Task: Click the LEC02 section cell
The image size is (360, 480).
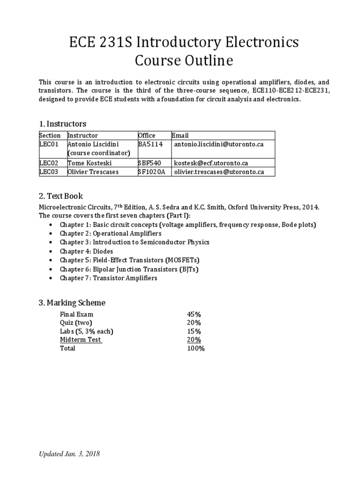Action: pos(49,163)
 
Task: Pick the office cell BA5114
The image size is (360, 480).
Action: pos(150,144)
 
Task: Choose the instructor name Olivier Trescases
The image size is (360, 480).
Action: pos(93,172)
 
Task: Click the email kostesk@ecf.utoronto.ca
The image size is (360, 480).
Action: pos(211,163)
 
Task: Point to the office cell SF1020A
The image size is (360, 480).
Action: pos(152,172)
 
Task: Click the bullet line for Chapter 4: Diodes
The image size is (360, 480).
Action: pos(86,251)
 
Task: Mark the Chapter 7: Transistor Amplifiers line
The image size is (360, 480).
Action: pos(108,278)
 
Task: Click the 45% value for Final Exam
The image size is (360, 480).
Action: pos(194,314)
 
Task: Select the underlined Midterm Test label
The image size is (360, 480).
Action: pos(81,340)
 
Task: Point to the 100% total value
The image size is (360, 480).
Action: pos(196,348)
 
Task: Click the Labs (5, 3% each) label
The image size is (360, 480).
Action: pos(87,331)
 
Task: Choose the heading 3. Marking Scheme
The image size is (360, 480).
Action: pos(72,302)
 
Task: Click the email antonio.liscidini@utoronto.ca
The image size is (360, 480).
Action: pos(219,144)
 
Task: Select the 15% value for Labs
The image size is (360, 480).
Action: pos(194,331)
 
